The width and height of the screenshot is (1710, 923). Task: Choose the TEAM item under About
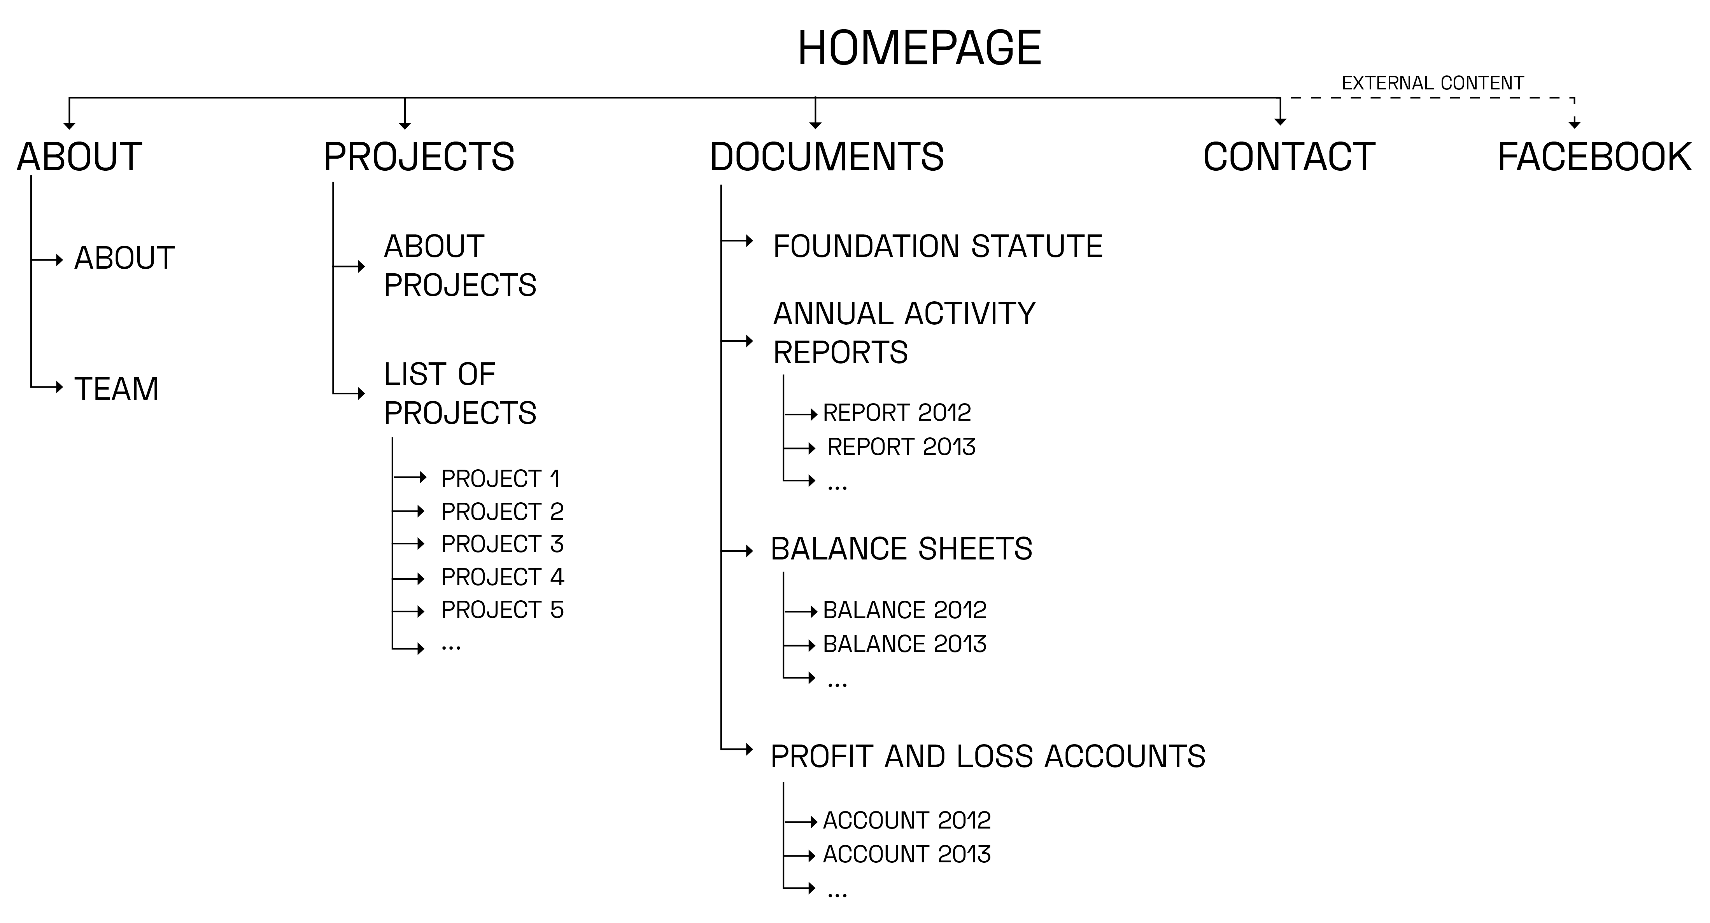point(117,389)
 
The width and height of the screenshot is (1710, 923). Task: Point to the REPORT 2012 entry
point(897,413)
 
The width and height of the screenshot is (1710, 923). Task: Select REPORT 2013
point(901,447)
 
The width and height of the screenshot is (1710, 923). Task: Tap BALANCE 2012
point(905,610)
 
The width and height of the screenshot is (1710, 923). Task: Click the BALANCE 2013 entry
point(905,643)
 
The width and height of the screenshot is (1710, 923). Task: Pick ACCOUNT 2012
point(907,821)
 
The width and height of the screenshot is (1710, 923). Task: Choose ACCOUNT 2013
point(907,854)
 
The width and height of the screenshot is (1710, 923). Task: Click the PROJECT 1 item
point(501,479)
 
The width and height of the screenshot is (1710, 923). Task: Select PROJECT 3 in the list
point(503,544)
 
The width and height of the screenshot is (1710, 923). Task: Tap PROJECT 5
point(503,610)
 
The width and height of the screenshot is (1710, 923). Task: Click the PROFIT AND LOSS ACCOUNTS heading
point(988,757)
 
